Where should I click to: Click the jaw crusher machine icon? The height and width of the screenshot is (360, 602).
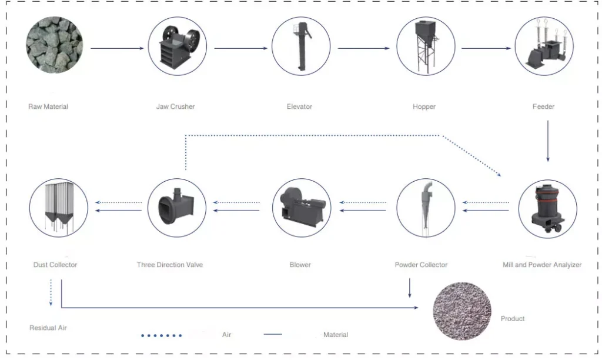coord(178,46)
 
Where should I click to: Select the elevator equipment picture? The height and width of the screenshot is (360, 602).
coord(301,46)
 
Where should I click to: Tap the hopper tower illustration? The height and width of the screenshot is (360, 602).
coord(426,46)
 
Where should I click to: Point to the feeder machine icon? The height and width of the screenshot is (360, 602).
coord(544,46)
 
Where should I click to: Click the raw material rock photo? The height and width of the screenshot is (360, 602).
coord(55,45)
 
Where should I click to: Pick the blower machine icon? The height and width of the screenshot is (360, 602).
coord(302,208)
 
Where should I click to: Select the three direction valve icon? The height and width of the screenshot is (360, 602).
coord(177,208)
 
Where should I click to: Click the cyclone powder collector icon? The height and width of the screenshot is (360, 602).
coord(426,208)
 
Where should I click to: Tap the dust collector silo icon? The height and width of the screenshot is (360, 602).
coord(59,208)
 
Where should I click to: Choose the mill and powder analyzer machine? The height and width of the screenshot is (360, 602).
coord(547,209)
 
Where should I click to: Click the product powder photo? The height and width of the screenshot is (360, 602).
coord(462,311)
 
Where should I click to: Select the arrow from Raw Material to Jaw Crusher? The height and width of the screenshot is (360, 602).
coord(117,48)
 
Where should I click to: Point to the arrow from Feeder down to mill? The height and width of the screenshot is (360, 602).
coord(548,141)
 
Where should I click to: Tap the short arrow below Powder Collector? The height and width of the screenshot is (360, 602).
coord(410,288)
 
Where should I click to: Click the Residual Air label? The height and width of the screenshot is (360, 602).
coord(48,328)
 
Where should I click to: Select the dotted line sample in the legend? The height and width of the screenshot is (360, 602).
coord(161,335)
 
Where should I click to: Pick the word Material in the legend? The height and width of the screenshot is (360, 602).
coord(336,335)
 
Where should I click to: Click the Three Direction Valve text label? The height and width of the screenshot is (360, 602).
coord(170,265)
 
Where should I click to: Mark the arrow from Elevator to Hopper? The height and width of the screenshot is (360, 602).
coord(364,48)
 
